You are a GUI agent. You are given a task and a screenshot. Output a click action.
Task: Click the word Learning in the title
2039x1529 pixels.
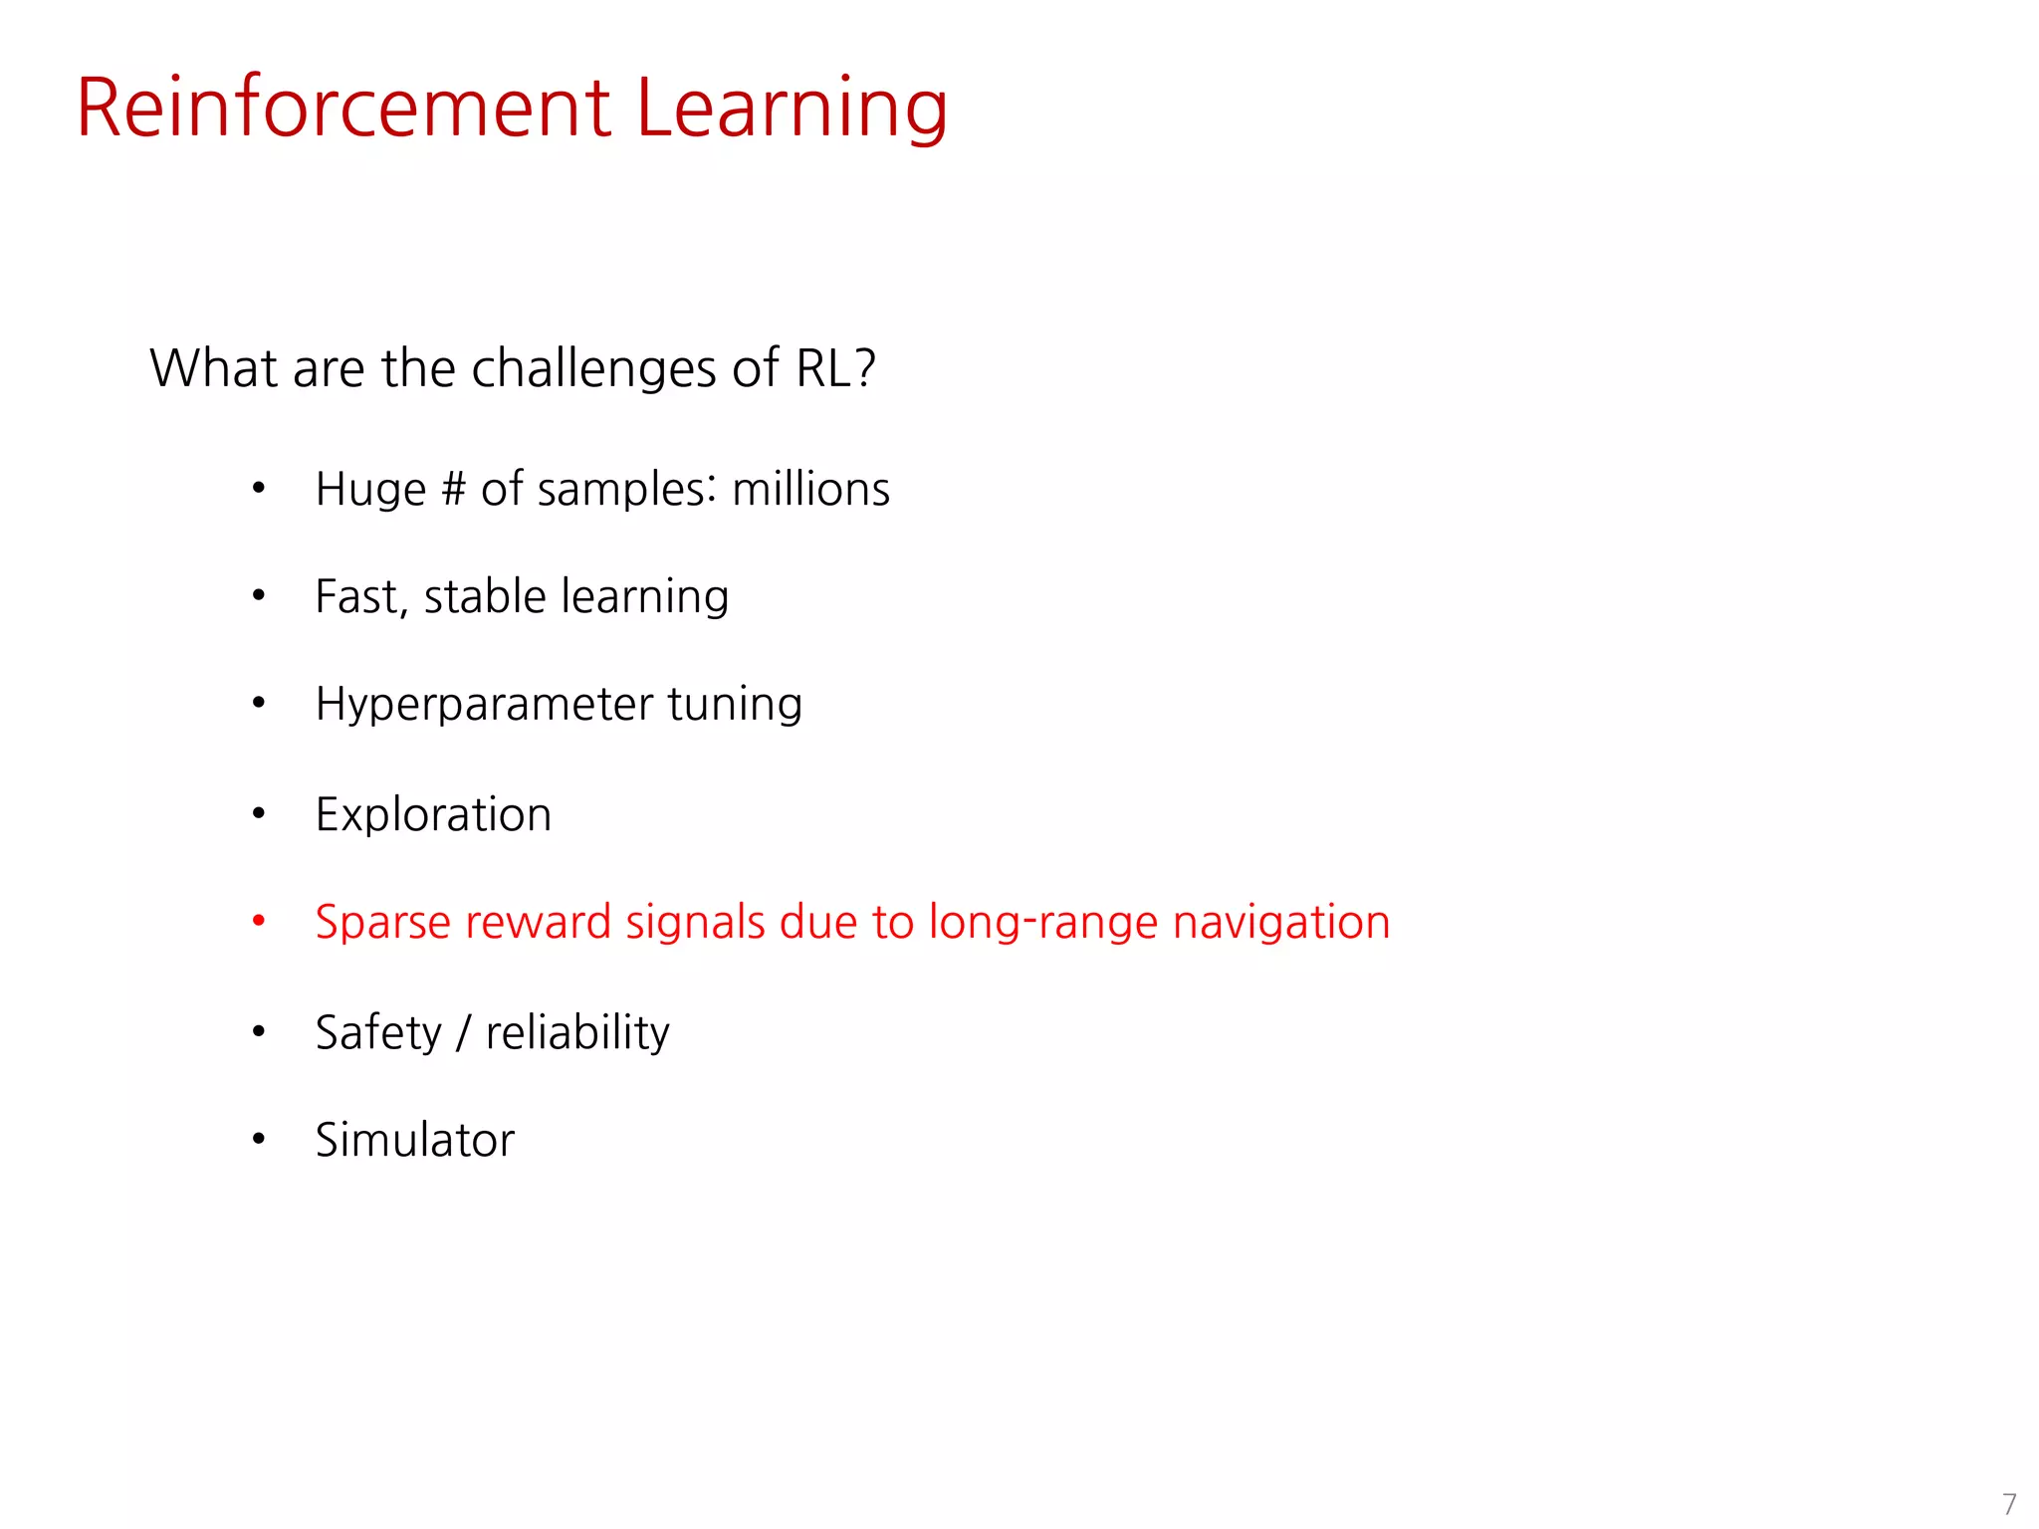pyautogui.click(x=792, y=109)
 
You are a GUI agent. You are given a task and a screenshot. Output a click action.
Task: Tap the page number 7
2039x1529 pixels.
pyautogui.click(x=2009, y=1503)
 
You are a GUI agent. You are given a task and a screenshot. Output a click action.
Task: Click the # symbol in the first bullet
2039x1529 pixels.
pyautogui.click(x=453, y=490)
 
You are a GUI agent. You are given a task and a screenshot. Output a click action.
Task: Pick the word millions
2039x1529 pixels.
pyautogui.click(x=810, y=490)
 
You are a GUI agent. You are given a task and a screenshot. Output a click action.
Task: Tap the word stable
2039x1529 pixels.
pyautogui.click(x=485, y=596)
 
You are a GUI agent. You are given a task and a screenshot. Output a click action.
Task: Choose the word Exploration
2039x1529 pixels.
pyautogui.click(x=433, y=814)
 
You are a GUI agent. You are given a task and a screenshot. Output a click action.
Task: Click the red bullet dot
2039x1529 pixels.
pyautogui.click(x=259, y=921)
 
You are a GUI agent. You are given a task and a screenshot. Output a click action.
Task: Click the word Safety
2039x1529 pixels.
pyautogui.click(x=378, y=1032)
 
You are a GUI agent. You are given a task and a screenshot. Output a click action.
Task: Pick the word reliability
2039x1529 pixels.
pyautogui.click(x=577, y=1032)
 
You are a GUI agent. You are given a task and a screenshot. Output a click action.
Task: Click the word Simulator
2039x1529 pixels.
pyautogui.click(x=415, y=1140)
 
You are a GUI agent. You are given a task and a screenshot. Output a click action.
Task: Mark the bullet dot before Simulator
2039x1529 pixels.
pyautogui.click(x=259, y=1139)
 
